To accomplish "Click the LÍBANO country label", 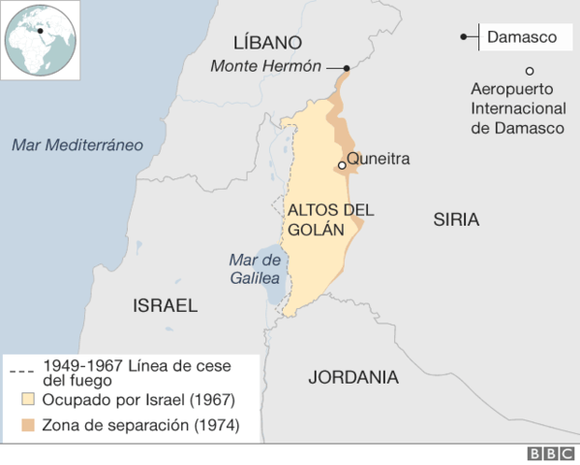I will pos(268,43).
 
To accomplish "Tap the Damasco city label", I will pos(522,38).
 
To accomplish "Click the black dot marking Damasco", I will pos(464,38).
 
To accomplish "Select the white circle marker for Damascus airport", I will pos(530,70).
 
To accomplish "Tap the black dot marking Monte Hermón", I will pos(346,68).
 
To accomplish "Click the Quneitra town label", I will pos(379,159).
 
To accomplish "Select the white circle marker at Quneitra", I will pos(342,166).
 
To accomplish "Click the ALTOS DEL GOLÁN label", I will pos(318,219).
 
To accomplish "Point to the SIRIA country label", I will pos(455,220).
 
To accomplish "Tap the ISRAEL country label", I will pos(165,306).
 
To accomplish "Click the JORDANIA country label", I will pos(353,377).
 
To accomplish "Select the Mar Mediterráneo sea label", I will pos(77,145).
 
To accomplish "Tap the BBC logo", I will pos(549,453).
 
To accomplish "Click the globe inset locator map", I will pos(40,40).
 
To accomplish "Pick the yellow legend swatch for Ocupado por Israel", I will pos(28,399).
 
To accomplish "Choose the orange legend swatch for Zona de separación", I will pos(28,424).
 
